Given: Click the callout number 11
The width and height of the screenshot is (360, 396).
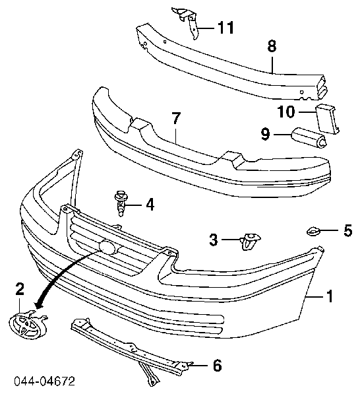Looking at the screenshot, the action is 225,28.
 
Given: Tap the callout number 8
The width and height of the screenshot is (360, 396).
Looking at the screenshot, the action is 272,46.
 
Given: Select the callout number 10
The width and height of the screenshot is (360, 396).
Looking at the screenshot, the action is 286,112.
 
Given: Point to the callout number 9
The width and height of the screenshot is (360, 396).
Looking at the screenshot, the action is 266,134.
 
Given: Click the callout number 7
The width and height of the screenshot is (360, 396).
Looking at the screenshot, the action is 176,119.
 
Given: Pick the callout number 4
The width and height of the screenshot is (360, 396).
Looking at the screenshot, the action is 150,205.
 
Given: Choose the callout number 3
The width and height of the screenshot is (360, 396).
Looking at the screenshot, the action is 214,240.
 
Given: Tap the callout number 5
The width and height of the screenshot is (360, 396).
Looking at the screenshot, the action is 348,230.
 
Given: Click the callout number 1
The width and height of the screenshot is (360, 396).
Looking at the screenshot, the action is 330,296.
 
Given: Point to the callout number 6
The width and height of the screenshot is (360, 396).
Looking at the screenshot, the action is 217,365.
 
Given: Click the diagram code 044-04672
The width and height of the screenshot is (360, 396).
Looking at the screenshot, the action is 44,381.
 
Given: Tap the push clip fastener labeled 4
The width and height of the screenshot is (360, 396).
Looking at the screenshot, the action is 121,203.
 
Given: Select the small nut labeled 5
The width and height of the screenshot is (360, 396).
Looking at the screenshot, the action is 313,231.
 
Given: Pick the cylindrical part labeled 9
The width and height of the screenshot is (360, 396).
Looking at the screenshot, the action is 309,138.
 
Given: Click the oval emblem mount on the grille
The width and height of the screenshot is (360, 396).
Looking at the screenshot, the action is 108,246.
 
